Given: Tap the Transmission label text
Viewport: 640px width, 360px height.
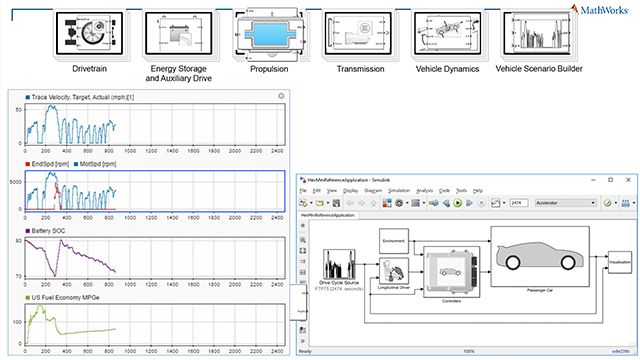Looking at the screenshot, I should point(360,69).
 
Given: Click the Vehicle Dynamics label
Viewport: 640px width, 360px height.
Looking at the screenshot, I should point(447,69).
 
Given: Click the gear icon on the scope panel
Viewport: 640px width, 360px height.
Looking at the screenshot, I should point(281,96).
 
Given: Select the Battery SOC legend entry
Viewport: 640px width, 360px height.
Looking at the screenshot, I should point(41,229).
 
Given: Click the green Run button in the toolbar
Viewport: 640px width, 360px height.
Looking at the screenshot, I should point(457,202).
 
